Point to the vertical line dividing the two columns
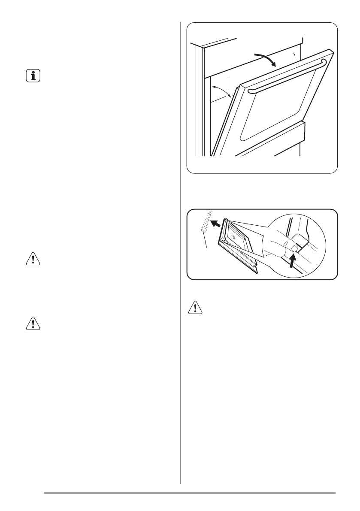tap(180, 257)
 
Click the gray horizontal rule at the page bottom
tap(189, 493)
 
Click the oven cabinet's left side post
tap(200, 103)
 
